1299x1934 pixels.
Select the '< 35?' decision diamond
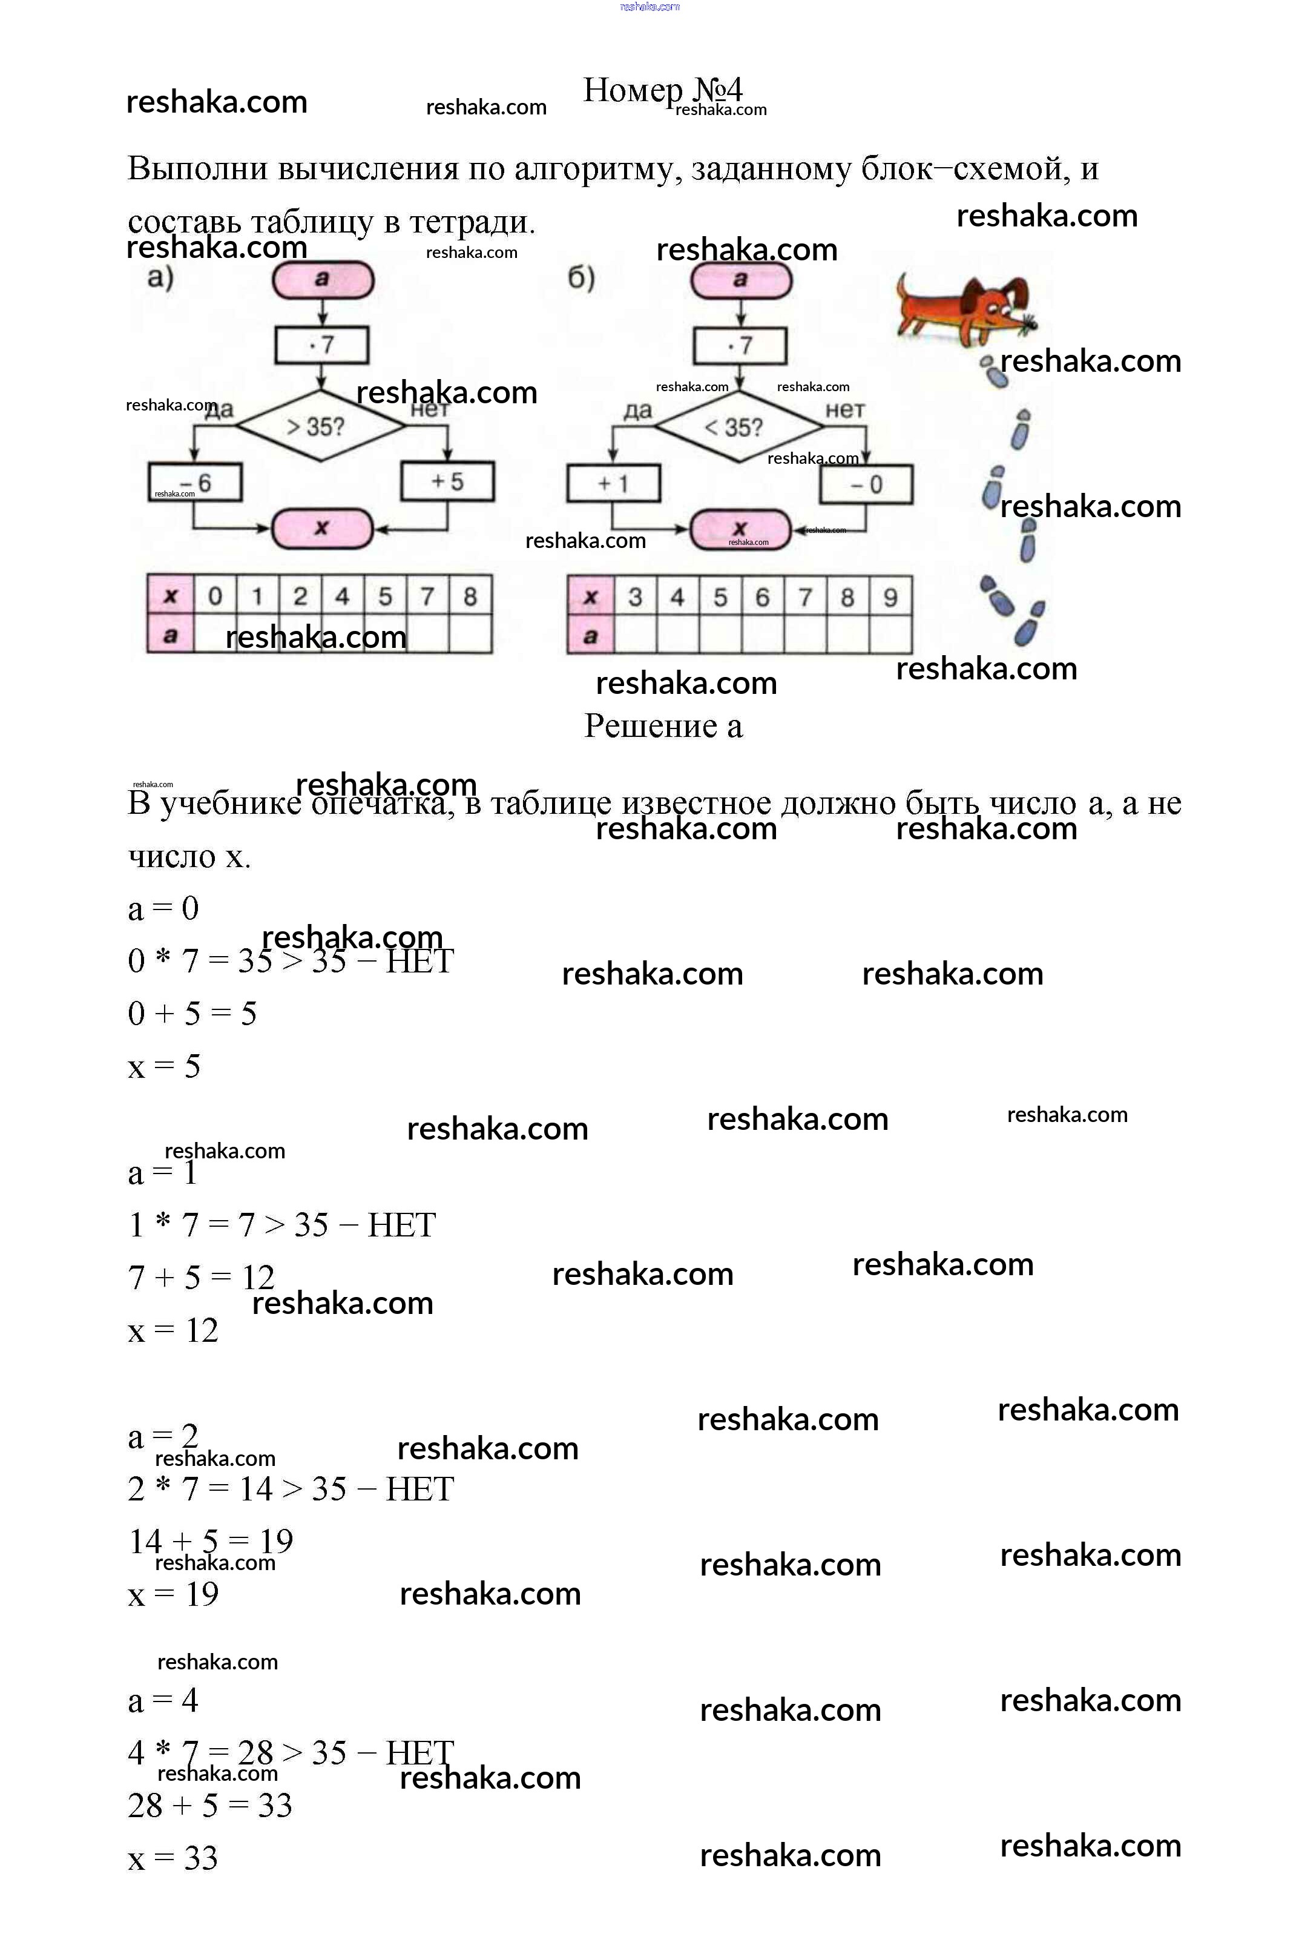pos(739,427)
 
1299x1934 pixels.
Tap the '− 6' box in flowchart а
pos(196,482)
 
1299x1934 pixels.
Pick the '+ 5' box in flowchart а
pos(447,481)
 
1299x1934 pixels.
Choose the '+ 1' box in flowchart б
pos(613,483)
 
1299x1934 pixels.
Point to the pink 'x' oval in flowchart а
pos(322,529)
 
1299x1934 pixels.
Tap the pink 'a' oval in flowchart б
pos(741,280)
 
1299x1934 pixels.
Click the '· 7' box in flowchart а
pos(321,345)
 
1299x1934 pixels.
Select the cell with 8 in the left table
pos(470,596)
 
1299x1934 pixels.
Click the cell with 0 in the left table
pos(215,596)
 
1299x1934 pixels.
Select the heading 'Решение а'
pos(663,726)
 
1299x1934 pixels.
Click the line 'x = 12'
pos(173,1330)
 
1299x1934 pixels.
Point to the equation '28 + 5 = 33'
pos(209,1805)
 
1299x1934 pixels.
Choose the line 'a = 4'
pos(163,1700)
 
